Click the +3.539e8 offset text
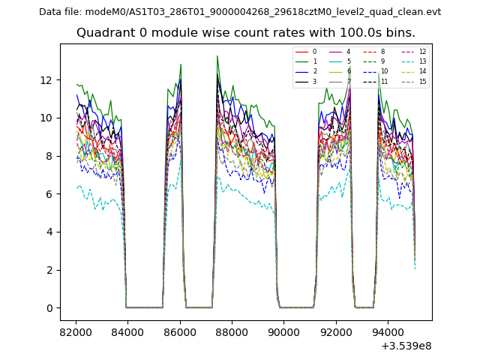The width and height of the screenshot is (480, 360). (x=406, y=346)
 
